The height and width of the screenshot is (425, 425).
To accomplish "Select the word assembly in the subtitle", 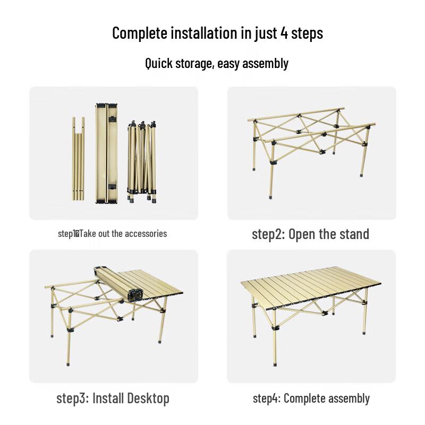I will click(x=264, y=64).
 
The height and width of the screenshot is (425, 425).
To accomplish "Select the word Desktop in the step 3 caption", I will click(x=148, y=398).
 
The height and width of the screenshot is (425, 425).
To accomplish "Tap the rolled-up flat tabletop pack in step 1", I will click(x=106, y=152).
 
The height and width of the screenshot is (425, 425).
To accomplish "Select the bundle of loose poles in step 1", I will click(x=78, y=159).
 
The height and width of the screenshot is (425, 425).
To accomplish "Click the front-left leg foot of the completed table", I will click(x=275, y=364).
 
